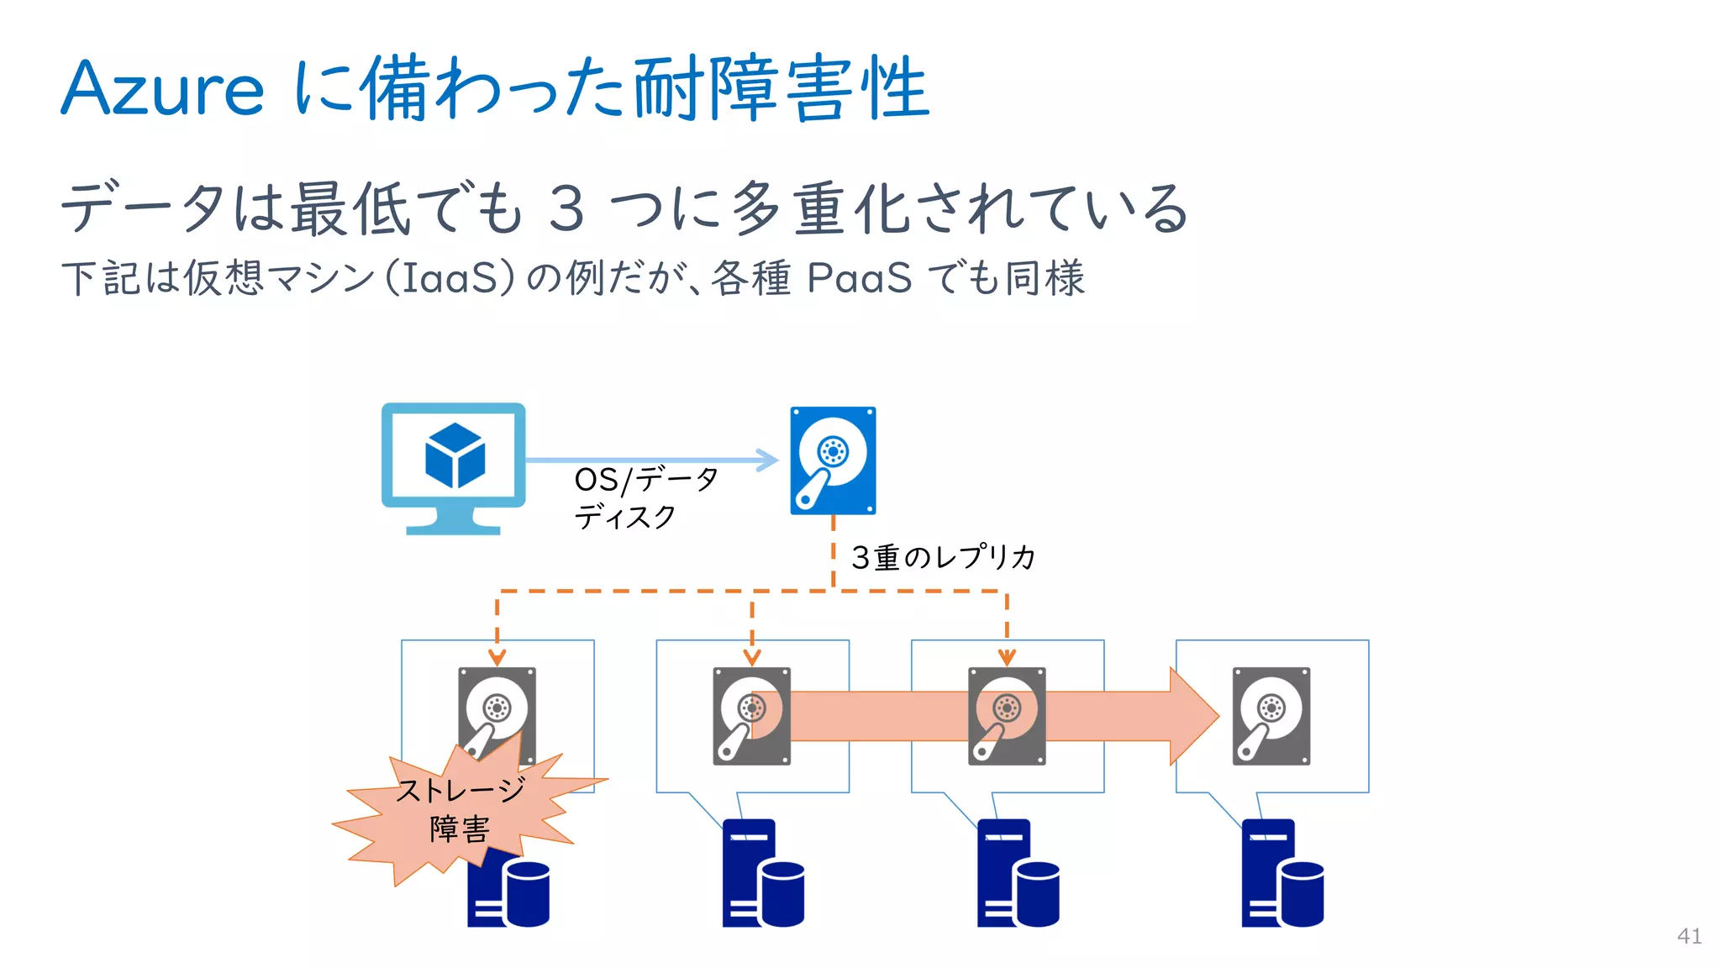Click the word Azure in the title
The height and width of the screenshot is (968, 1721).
click(162, 89)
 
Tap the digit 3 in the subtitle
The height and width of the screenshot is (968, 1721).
click(566, 208)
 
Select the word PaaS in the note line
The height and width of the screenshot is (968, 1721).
click(858, 278)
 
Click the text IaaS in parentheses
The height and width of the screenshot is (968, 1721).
click(450, 278)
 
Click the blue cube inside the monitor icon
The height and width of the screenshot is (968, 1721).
click(455, 455)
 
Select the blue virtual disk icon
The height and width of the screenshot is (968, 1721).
click(832, 460)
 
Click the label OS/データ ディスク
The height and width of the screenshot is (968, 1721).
click(645, 497)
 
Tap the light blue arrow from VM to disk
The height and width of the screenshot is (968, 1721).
click(651, 460)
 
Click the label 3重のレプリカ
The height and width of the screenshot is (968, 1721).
click(942, 557)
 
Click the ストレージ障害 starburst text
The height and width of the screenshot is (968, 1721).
click(460, 809)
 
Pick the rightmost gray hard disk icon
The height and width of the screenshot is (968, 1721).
click(1271, 716)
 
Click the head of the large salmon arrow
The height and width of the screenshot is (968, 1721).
click(1194, 716)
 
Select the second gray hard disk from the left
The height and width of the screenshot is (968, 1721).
click(751, 716)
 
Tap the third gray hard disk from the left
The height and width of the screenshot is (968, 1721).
click(1007, 716)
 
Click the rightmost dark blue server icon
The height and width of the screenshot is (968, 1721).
click(1282, 874)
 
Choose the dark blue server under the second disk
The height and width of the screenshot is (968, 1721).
click(762, 874)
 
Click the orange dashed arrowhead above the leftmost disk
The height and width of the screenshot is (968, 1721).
click(497, 656)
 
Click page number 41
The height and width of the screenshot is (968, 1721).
click(1689, 936)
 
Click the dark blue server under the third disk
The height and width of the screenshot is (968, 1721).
click(1017, 874)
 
